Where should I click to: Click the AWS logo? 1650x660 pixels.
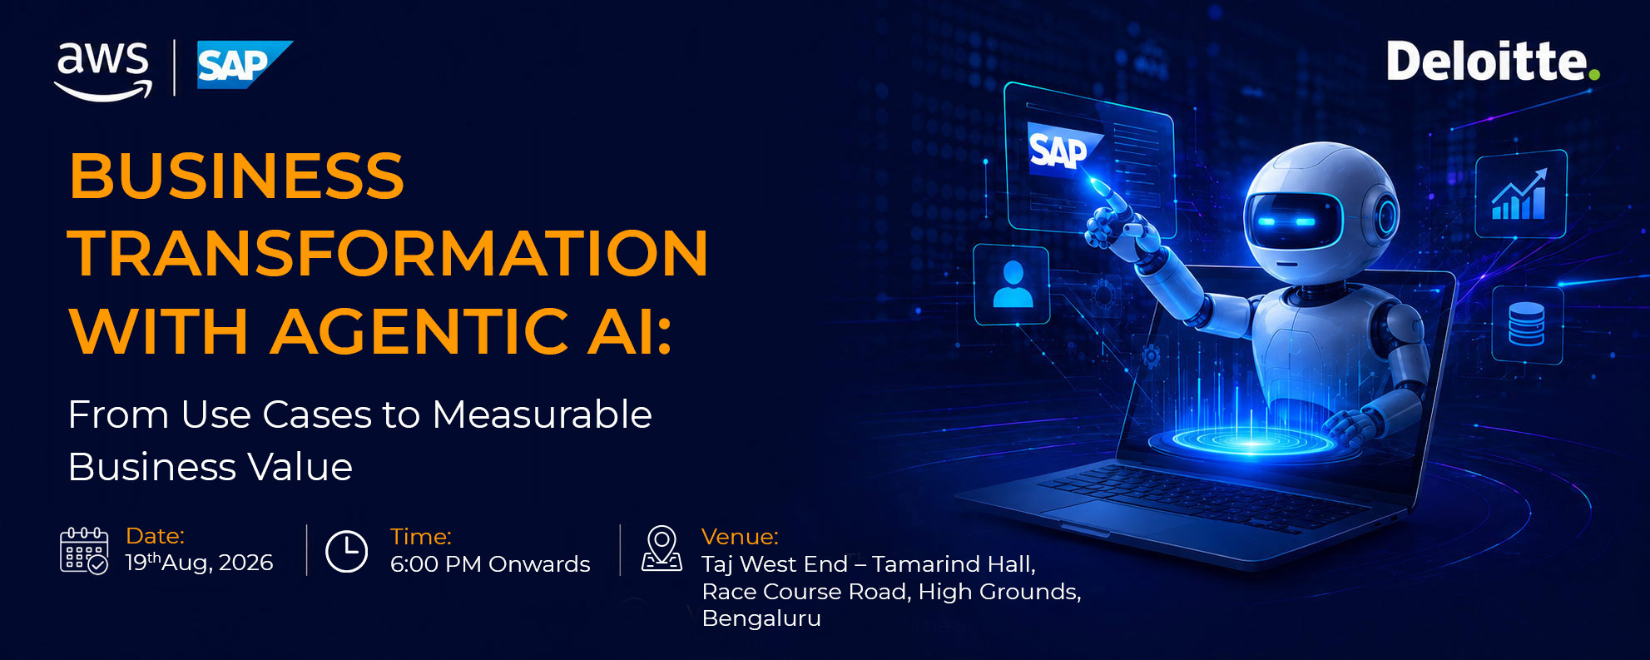[103, 71]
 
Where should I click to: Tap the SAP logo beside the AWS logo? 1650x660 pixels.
[245, 65]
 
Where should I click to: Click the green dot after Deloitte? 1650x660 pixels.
[1594, 75]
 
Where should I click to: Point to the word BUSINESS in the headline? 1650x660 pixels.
[236, 176]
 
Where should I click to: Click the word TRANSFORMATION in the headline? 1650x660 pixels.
[388, 253]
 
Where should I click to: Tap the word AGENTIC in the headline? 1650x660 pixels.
[421, 331]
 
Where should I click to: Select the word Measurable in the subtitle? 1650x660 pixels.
[542, 414]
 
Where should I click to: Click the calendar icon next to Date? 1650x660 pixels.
[84, 551]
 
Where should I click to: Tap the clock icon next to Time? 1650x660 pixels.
[346, 551]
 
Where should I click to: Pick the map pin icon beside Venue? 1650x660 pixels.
[662, 548]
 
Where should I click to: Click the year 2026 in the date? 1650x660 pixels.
[245, 563]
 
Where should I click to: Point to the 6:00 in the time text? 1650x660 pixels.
[414, 564]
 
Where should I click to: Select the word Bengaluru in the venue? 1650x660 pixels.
[761, 618]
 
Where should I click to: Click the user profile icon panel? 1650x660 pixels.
[1013, 285]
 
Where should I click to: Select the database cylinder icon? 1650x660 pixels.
[1527, 325]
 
